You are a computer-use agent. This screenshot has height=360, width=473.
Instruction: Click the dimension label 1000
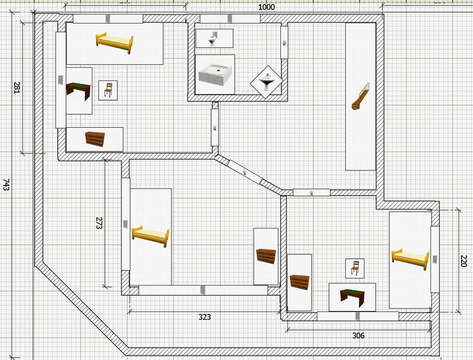(267, 7)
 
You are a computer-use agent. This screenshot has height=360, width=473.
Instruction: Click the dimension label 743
(6, 185)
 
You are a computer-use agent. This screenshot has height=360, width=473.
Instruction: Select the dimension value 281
(17, 88)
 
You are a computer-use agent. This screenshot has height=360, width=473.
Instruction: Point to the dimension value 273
(99, 223)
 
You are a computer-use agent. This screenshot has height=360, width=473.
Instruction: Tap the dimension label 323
(205, 317)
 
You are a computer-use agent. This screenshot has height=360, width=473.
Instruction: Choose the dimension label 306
(358, 335)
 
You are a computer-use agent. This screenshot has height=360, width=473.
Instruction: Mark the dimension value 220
(463, 261)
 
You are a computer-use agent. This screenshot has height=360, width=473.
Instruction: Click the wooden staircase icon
(361, 97)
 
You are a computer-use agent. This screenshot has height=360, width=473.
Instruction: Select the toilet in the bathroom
(212, 38)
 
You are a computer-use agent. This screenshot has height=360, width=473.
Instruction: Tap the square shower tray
(215, 74)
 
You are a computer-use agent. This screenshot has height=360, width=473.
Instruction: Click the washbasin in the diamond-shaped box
(267, 82)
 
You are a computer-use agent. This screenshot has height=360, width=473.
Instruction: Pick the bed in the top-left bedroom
(115, 43)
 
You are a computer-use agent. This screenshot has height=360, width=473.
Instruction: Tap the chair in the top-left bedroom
(108, 90)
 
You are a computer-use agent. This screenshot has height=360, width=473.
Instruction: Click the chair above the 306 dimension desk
(355, 268)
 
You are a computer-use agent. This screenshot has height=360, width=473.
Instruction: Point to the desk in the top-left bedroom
(79, 91)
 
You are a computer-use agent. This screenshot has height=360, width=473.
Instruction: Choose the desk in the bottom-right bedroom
(352, 298)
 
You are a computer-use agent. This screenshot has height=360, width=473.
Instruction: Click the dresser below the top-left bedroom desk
(95, 139)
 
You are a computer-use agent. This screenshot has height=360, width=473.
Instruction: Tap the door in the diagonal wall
(245, 172)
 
